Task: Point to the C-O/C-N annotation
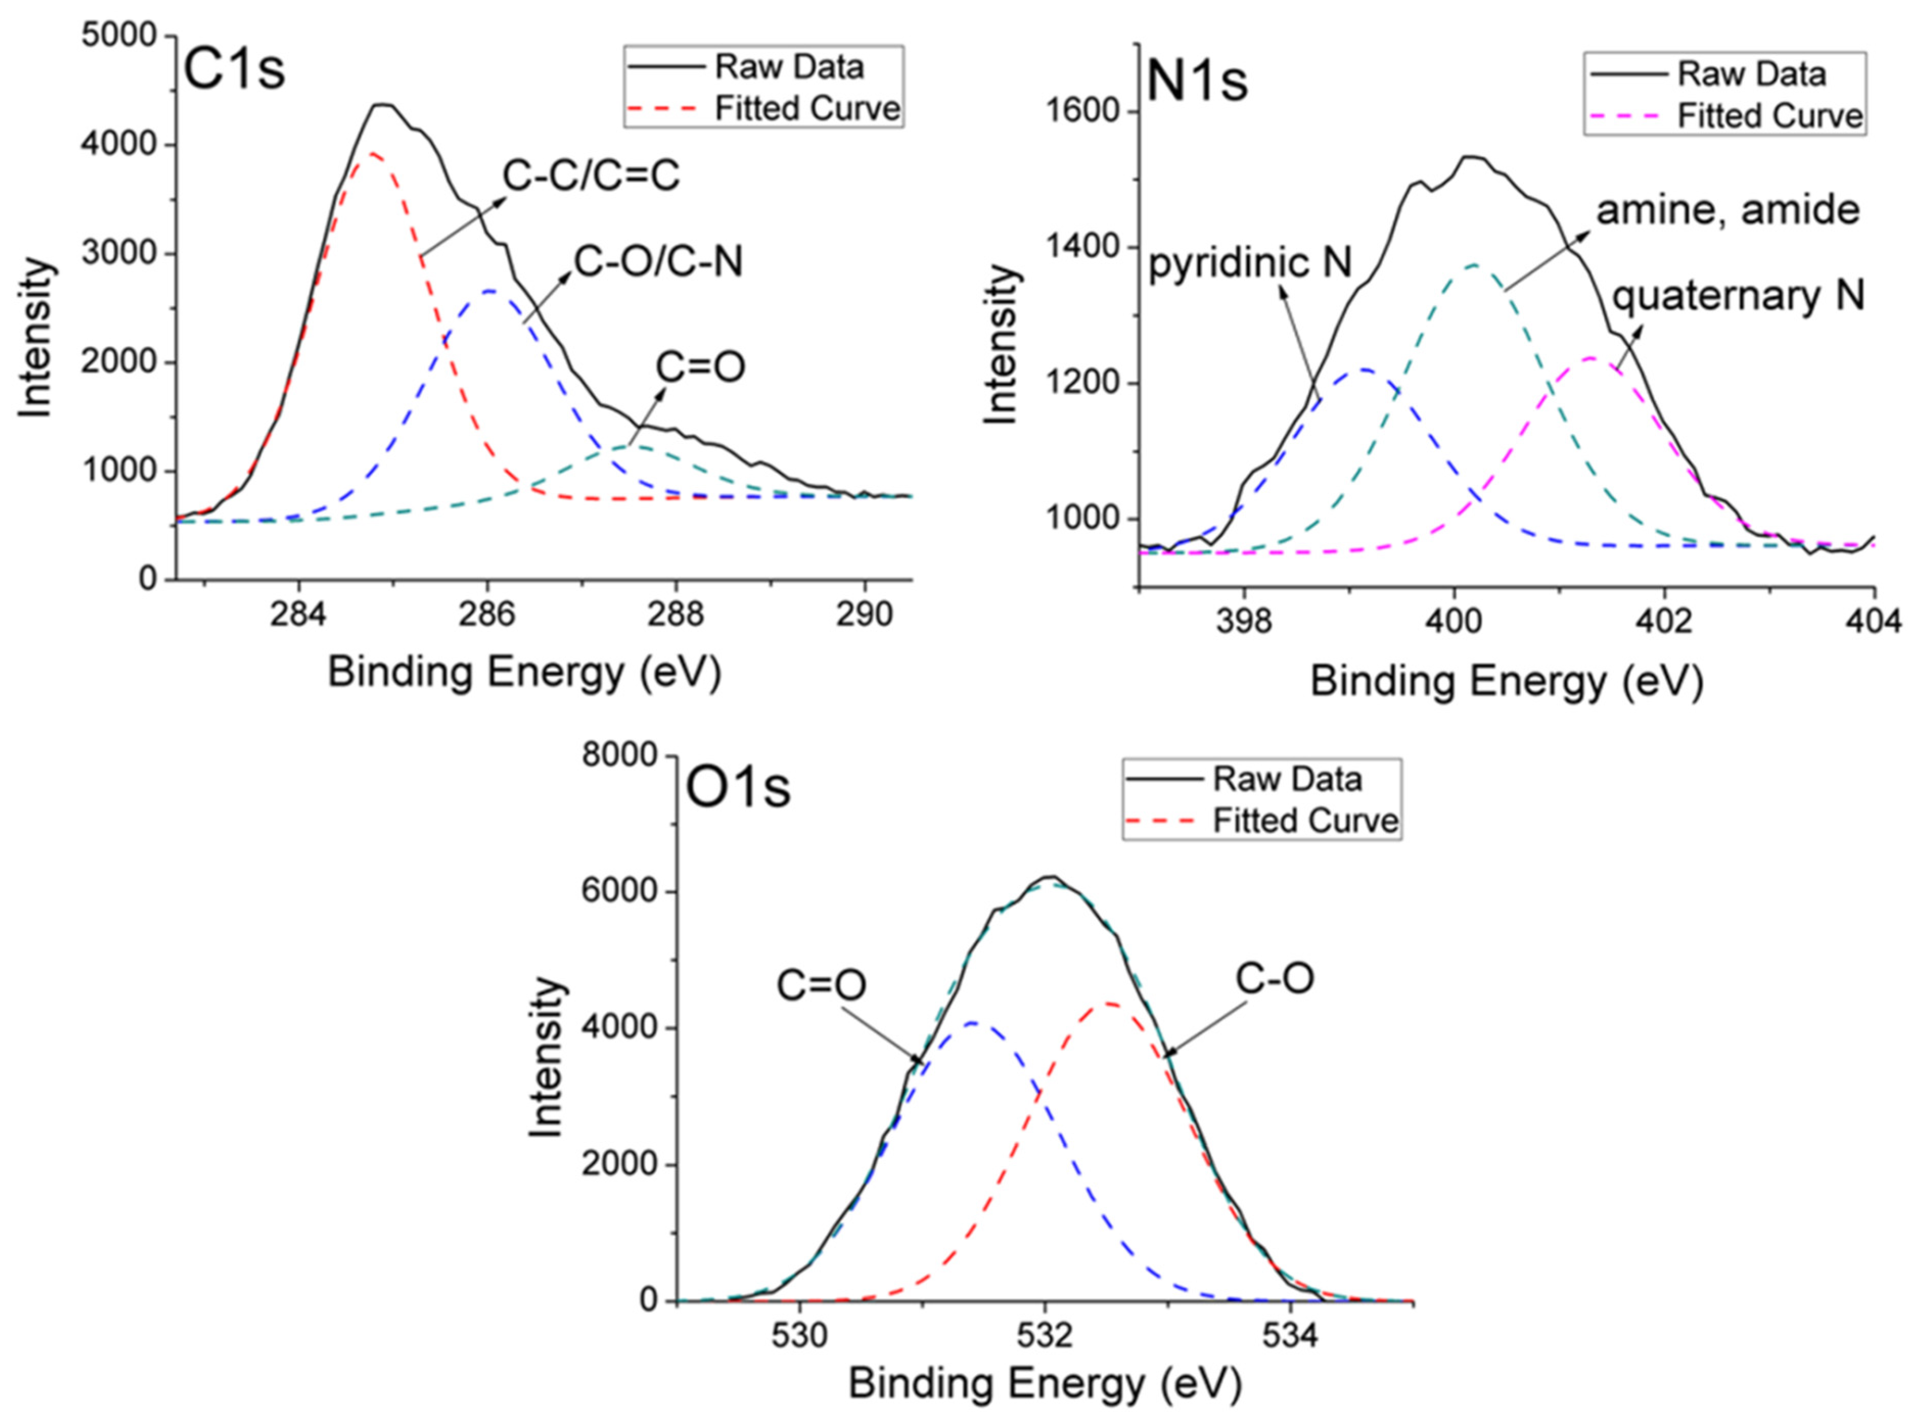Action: pyautogui.click(x=658, y=261)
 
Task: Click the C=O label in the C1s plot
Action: pyautogui.click(x=700, y=367)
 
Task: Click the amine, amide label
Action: pyautogui.click(x=1727, y=210)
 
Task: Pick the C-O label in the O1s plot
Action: pyautogui.click(x=1275, y=979)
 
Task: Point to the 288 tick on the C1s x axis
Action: pyautogui.click(x=675, y=615)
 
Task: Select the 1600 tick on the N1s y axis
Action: pyautogui.click(x=1083, y=112)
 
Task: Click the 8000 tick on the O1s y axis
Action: pyautogui.click(x=619, y=756)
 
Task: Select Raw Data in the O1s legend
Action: pyautogui.click(x=1286, y=780)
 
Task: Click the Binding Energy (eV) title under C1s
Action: pyautogui.click(x=524, y=672)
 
